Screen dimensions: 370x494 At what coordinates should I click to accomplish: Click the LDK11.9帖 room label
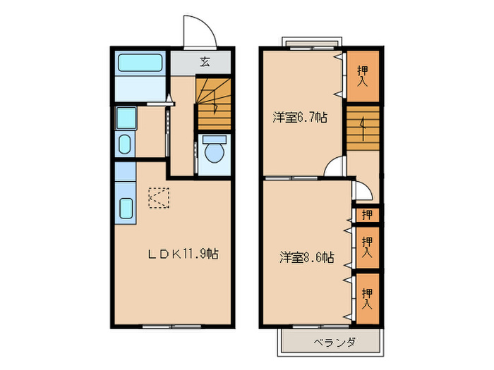click(182, 254)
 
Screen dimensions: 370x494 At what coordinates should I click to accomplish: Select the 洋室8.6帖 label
click(306, 257)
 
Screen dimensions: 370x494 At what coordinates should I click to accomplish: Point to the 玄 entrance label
click(205, 62)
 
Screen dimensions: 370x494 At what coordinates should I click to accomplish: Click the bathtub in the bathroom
click(140, 63)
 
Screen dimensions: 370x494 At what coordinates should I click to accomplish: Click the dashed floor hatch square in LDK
click(159, 198)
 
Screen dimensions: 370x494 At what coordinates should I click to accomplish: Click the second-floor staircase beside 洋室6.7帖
click(363, 127)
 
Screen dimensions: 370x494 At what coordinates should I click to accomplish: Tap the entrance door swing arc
click(198, 32)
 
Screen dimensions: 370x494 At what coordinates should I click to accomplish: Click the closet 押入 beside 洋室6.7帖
click(363, 75)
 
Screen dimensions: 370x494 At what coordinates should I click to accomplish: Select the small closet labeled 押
click(367, 214)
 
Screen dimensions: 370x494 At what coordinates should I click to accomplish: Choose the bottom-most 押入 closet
click(367, 298)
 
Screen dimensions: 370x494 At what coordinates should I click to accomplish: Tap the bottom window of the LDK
click(172, 326)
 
